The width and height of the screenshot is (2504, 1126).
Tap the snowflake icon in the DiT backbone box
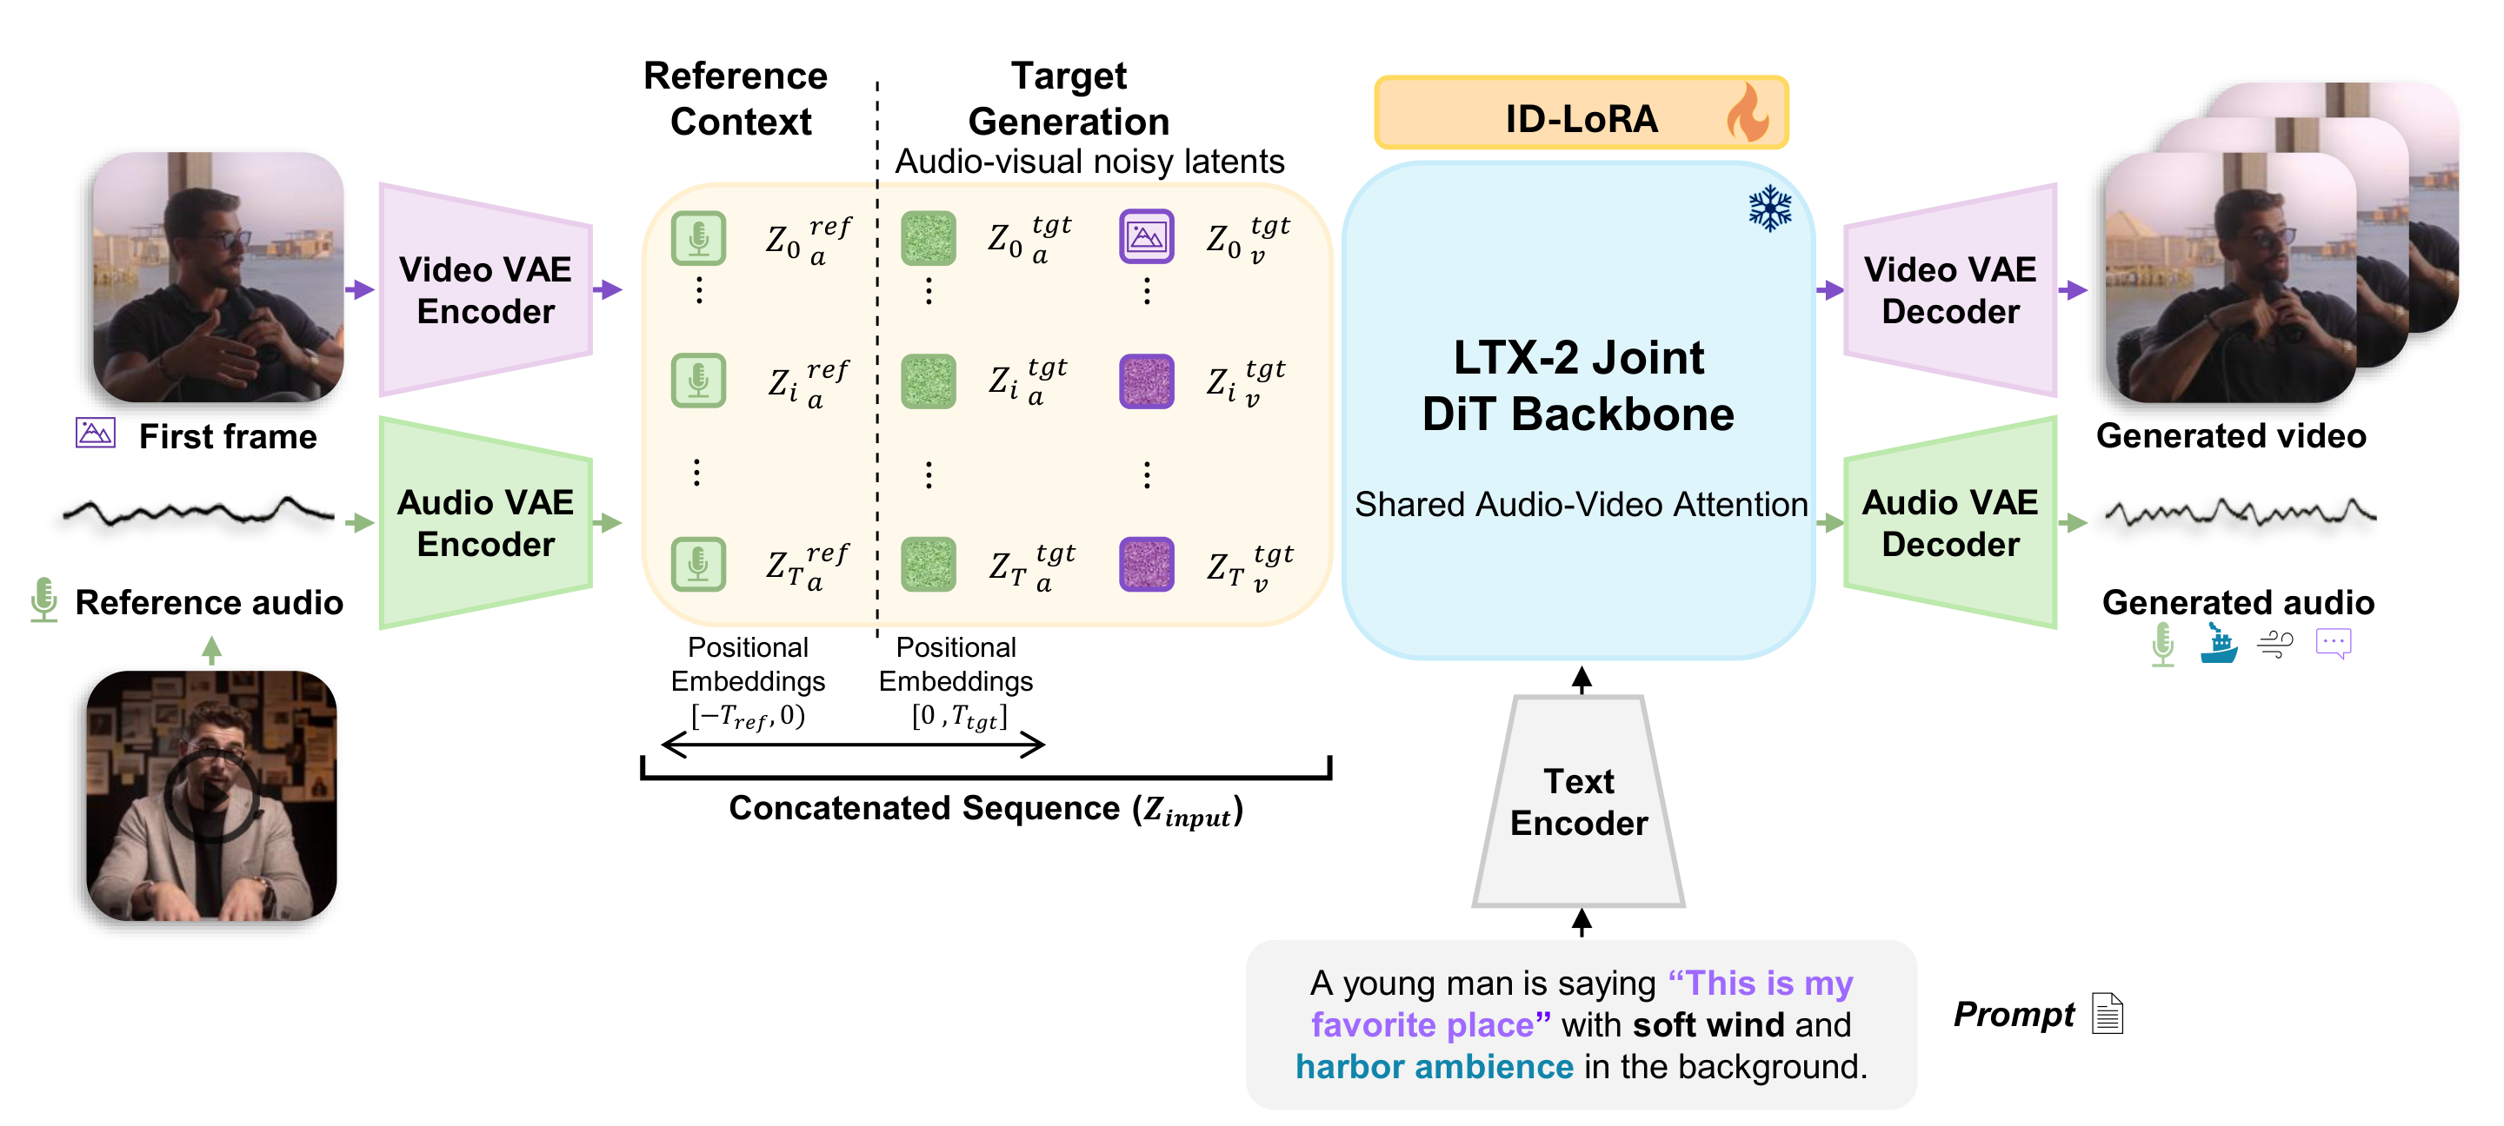(x=1770, y=208)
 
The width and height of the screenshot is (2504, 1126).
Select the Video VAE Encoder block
(x=485, y=289)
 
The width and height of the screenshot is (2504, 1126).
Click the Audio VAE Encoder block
(x=485, y=523)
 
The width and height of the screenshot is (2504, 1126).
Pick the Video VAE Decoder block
(x=1950, y=289)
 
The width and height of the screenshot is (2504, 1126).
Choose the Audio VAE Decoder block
(x=1950, y=523)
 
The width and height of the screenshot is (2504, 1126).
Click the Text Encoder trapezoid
(x=1579, y=802)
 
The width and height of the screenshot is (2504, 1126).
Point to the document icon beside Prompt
(x=2108, y=1013)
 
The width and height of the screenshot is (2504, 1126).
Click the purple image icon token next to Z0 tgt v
(x=1146, y=236)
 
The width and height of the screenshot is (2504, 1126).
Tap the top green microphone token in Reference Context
(x=698, y=237)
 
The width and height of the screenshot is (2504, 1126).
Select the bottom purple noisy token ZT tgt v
(x=1146, y=564)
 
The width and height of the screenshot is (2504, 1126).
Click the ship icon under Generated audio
(x=2218, y=643)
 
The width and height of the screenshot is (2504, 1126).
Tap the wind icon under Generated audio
(x=2275, y=643)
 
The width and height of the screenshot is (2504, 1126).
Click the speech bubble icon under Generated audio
(x=2333, y=643)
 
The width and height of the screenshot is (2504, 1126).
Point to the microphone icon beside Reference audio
(x=43, y=599)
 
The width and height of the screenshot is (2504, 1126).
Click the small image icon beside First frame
(x=96, y=433)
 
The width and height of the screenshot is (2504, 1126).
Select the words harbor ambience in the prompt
(x=1434, y=1066)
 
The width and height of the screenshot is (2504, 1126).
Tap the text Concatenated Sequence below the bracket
(x=923, y=807)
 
